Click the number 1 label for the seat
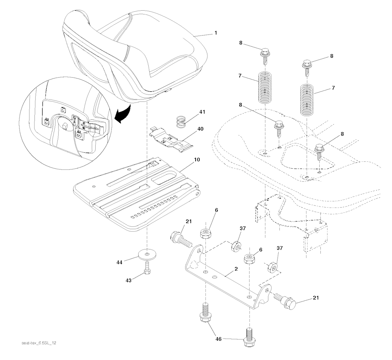point(216,33)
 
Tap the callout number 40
point(201,129)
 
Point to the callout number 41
point(202,112)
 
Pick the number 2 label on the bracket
point(236,269)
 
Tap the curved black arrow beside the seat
point(124,115)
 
